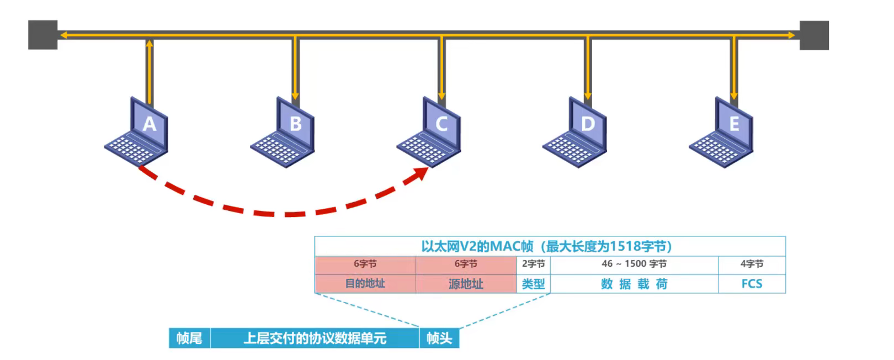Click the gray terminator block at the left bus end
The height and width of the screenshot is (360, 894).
(42, 35)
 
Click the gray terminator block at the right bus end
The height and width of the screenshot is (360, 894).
(814, 35)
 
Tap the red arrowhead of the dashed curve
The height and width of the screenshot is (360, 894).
(421, 174)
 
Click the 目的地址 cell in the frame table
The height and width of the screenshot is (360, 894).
(365, 284)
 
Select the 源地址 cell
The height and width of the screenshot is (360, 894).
(466, 284)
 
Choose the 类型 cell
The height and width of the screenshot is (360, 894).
(533, 284)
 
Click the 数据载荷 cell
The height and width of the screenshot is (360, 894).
(634, 284)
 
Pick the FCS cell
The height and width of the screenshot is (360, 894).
(752, 284)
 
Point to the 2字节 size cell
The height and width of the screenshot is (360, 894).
(533, 264)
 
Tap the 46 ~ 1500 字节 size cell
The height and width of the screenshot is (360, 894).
(634, 264)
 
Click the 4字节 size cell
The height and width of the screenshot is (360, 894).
(752, 264)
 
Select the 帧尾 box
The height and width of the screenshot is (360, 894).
(189, 338)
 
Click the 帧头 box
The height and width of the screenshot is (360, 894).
(439, 338)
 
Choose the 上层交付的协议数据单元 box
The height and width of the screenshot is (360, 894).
(315, 338)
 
